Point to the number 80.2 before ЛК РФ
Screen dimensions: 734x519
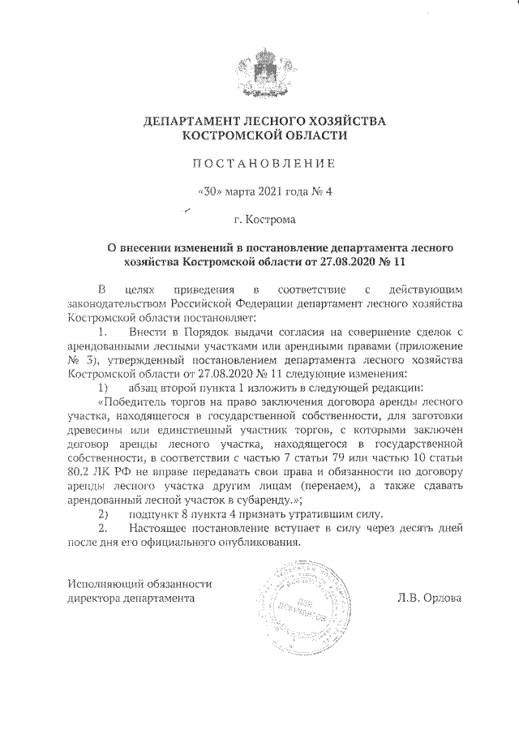click(82, 472)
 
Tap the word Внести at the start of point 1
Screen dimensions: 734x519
click(146, 333)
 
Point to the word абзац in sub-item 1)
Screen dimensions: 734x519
click(143, 388)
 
